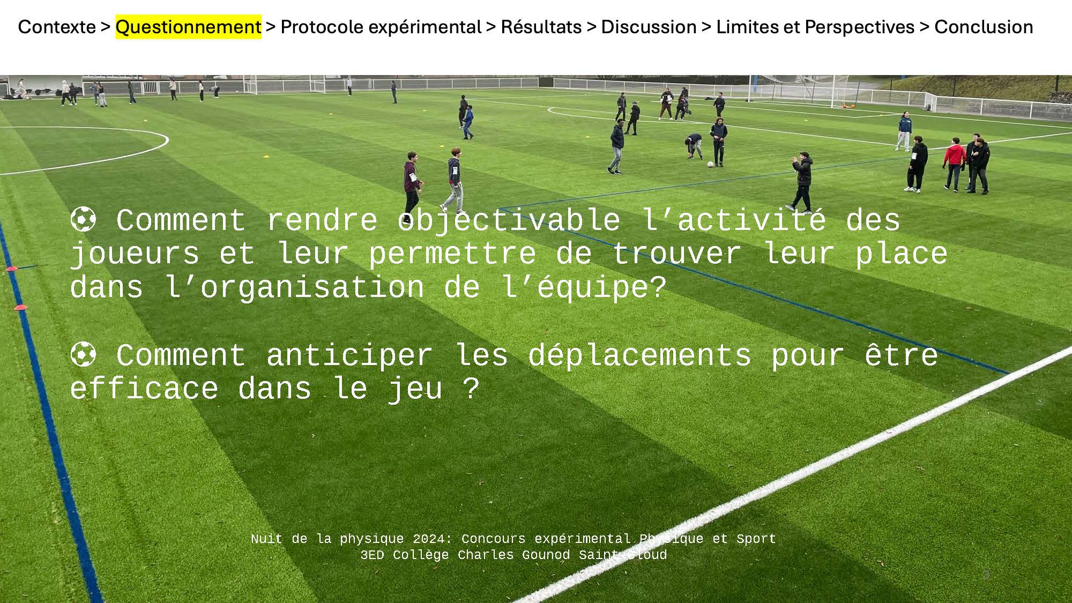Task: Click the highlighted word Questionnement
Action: point(188,27)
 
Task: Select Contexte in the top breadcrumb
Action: point(57,27)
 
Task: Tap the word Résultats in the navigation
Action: point(541,27)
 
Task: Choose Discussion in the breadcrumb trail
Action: point(649,27)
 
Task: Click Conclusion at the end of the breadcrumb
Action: point(984,27)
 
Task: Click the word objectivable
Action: point(509,220)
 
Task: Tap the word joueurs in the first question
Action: point(135,254)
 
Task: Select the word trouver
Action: point(676,254)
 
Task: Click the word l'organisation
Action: point(295,287)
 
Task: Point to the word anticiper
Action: point(349,355)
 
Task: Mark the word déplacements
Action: point(639,355)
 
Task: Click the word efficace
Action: point(144,389)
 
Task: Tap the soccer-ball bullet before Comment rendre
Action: point(83,220)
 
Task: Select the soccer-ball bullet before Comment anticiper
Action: point(83,355)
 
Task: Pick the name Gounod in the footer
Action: point(546,555)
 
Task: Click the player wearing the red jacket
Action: point(954,163)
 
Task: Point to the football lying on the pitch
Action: point(711,164)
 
